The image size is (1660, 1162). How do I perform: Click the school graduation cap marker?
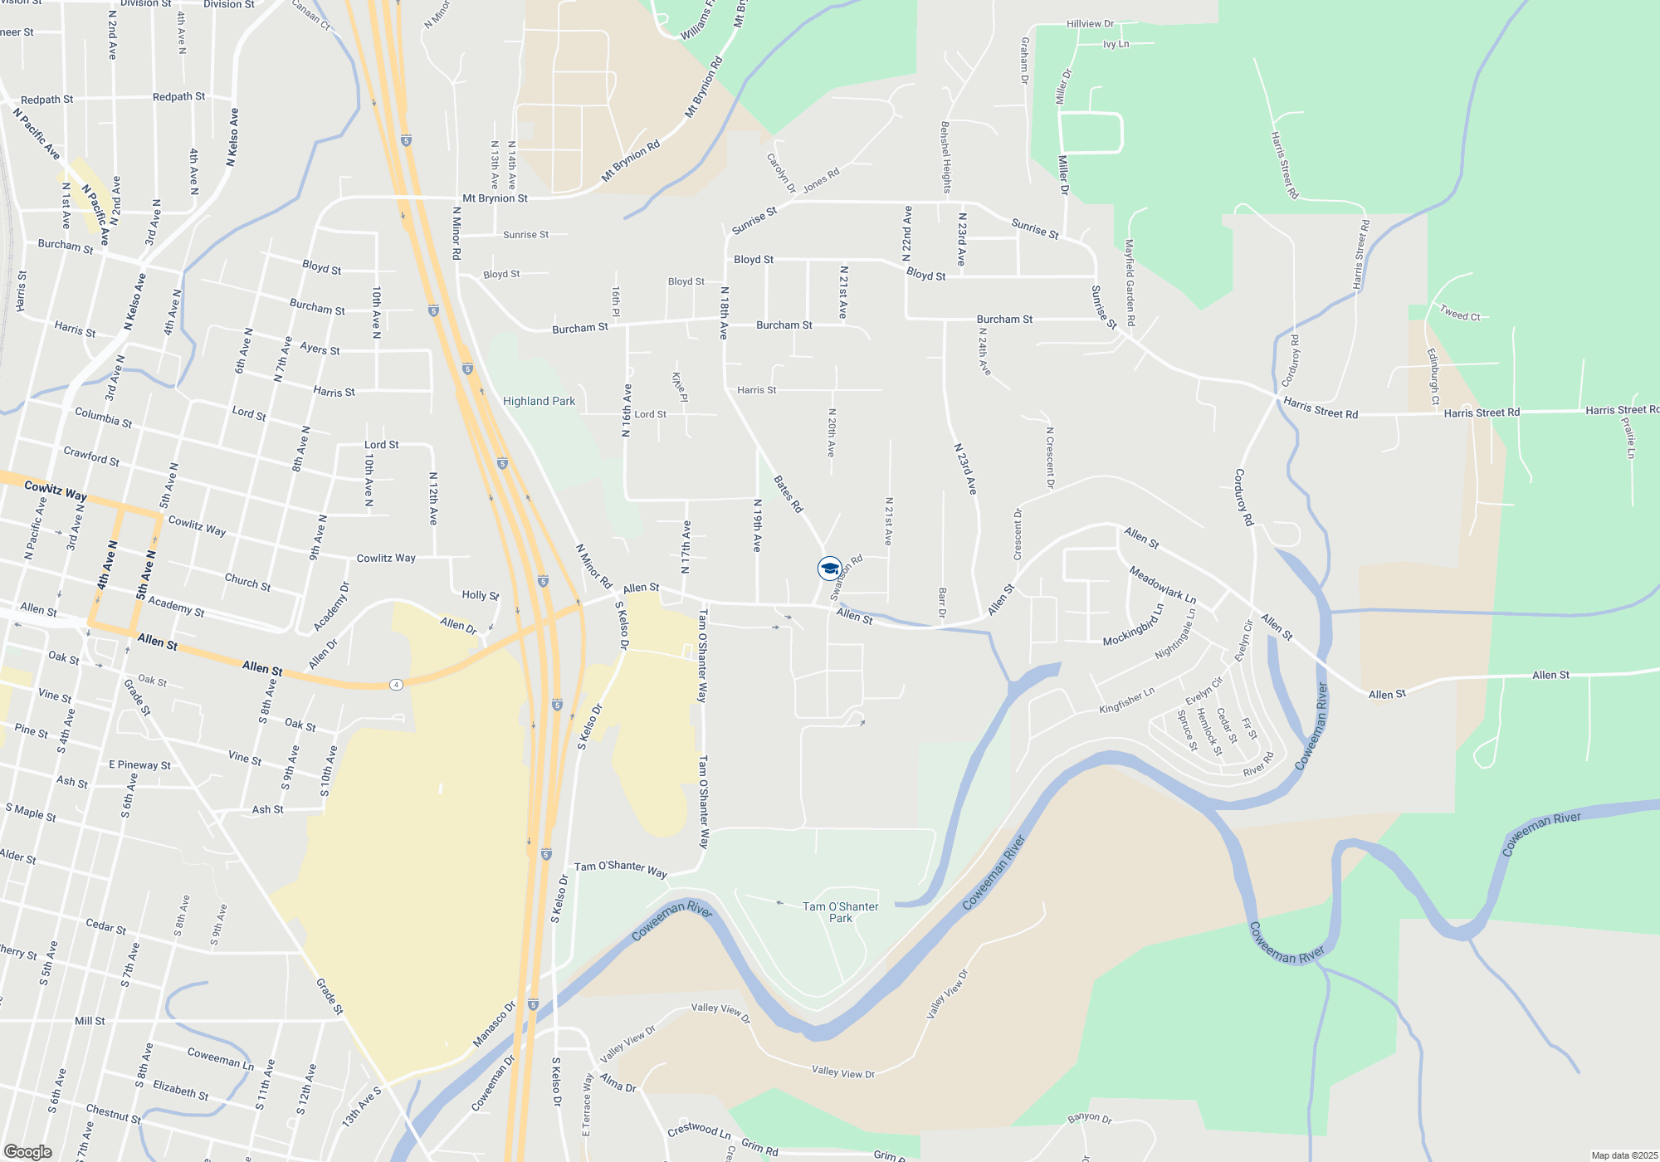pos(829,569)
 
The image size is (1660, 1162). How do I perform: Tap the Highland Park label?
pos(539,402)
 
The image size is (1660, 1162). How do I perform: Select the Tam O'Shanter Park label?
pos(840,912)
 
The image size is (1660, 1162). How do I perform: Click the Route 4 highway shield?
pos(397,685)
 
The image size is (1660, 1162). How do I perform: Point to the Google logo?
pos(27,1152)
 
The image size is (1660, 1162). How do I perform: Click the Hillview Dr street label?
pos(1090,24)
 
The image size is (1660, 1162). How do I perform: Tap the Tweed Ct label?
pos(1459,314)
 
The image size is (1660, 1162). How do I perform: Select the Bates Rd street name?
pos(788,494)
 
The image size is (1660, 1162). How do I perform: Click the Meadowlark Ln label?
pos(1162,584)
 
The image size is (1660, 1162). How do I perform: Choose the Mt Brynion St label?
pos(495,198)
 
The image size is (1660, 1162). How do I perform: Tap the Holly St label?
pos(480,595)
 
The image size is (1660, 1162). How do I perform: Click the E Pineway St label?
pos(139,765)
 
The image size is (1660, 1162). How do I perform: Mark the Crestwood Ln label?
pos(699,1130)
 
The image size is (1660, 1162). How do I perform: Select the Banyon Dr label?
pos(1089,1118)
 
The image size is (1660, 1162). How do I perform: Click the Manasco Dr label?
pos(494,1024)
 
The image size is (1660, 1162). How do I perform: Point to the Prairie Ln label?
pos(1628,437)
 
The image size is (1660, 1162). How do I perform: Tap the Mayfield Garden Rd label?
pos(1129,282)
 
